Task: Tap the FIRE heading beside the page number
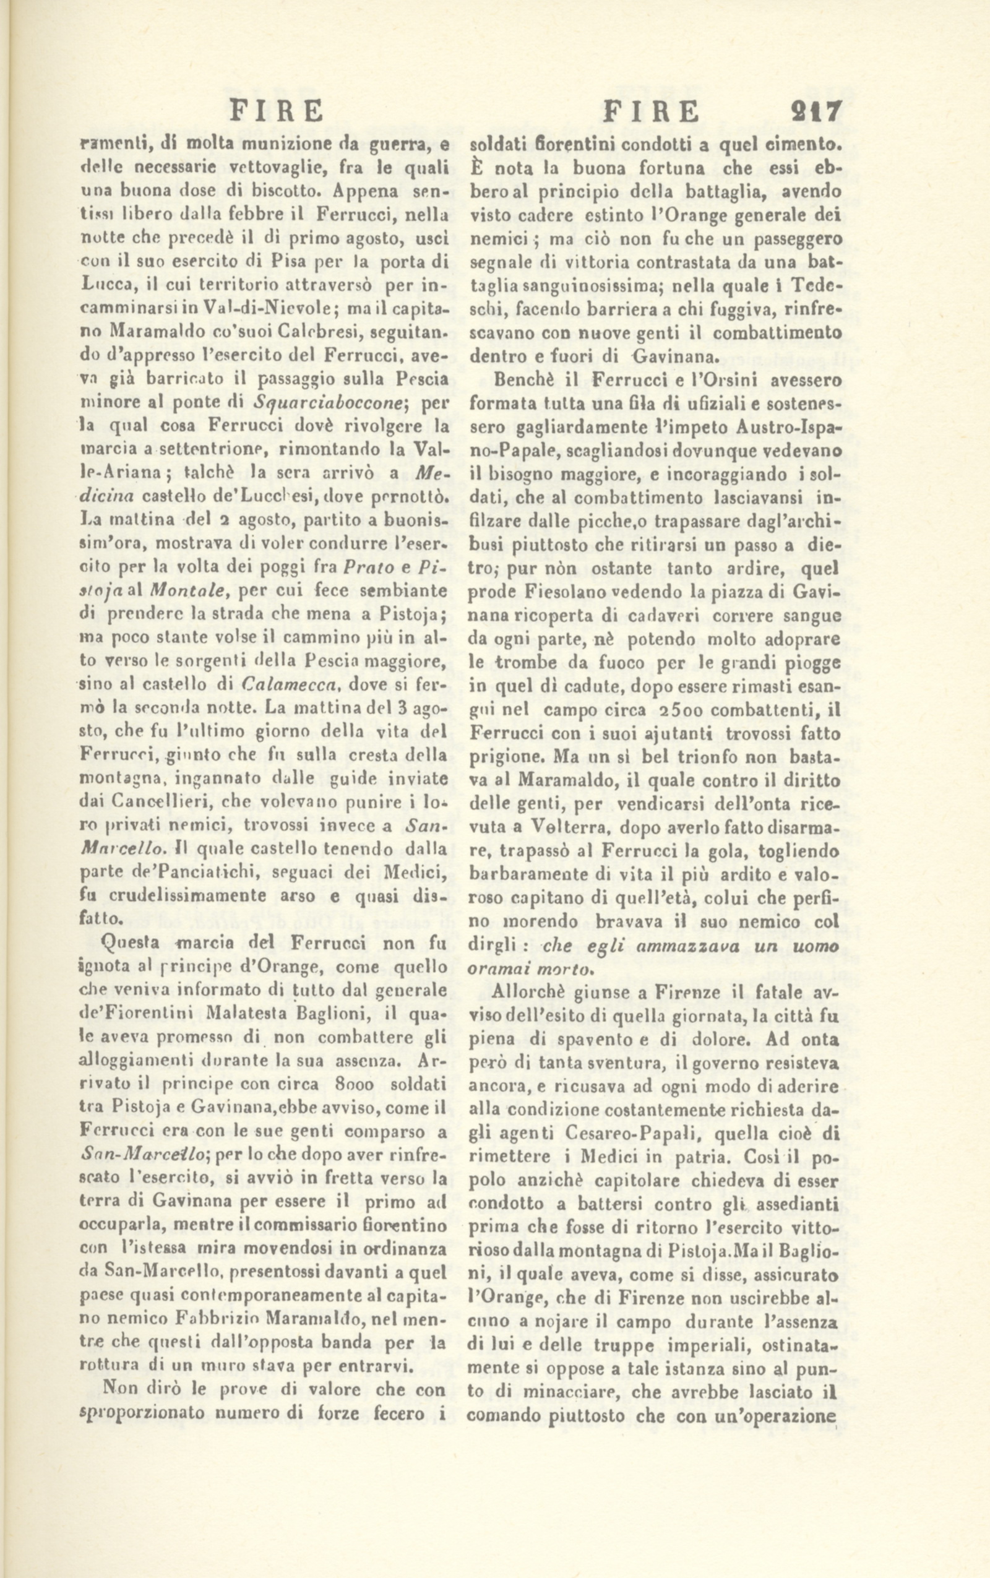point(650,111)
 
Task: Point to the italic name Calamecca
point(285,686)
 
